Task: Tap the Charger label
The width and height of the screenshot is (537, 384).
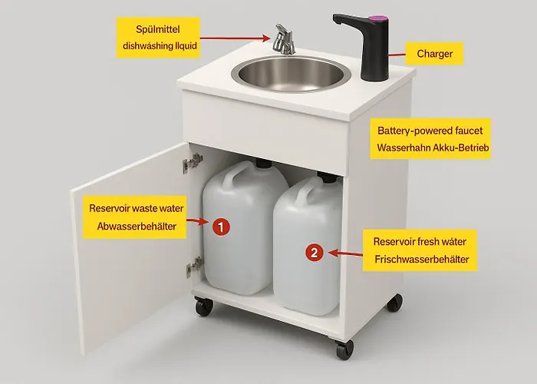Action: [434, 54]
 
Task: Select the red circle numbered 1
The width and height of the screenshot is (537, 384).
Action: [221, 227]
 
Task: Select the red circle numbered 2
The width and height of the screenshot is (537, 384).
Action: [315, 253]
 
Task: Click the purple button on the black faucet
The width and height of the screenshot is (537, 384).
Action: [378, 17]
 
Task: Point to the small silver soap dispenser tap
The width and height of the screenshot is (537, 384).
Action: [284, 39]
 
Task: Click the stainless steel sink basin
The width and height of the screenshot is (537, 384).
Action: [291, 74]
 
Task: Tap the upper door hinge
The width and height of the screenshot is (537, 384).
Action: [193, 163]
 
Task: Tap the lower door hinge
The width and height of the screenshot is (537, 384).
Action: [195, 266]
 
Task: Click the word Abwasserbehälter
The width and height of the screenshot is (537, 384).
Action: [137, 227]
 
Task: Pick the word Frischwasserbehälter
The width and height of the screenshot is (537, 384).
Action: [422, 260]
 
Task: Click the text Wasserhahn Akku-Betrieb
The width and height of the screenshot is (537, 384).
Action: [433, 147]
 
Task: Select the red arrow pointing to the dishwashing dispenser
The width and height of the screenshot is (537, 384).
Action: [235, 38]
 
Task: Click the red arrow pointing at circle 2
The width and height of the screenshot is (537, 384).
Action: [345, 253]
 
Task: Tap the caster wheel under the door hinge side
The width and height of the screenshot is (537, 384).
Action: [204, 306]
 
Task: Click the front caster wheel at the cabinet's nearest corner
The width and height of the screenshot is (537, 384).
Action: [344, 349]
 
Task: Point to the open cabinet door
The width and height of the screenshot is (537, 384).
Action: [130, 247]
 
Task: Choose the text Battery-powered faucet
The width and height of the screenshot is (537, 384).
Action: [430, 131]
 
